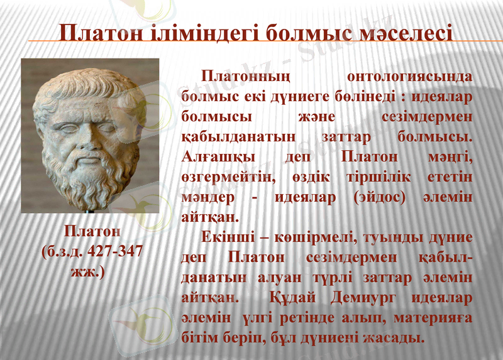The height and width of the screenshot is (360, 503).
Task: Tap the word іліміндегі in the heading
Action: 207,32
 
